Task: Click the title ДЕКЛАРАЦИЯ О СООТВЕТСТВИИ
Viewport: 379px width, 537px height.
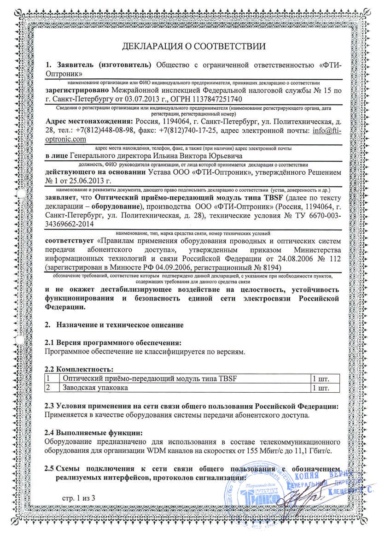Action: coord(194,46)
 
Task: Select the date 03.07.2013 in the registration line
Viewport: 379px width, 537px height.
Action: coord(138,99)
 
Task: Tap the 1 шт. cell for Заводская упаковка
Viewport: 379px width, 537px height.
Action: coord(321,388)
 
